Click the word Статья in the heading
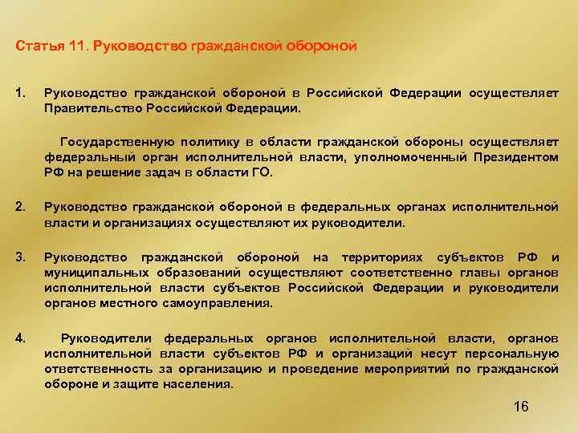pos(34,46)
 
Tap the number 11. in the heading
pos(73,46)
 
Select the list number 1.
pos(21,92)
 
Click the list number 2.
pos(21,207)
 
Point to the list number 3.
pos(21,257)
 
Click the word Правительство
pos(89,107)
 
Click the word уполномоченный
pos(413,157)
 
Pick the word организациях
pos(131,223)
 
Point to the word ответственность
pos(96,369)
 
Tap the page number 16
pos(520,407)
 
